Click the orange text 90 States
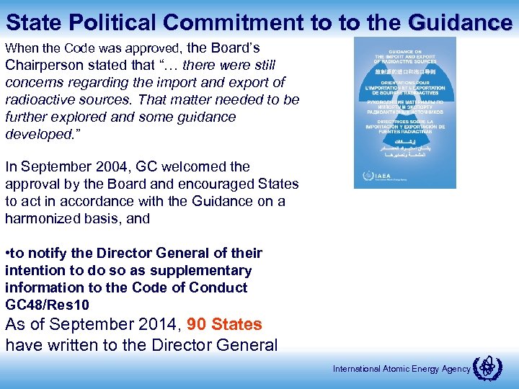(x=224, y=324)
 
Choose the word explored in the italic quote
(x=84, y=117)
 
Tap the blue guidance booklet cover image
(x=404, y=112)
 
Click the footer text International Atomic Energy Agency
(x=402, y=369)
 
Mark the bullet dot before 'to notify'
(x=7, y=254)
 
